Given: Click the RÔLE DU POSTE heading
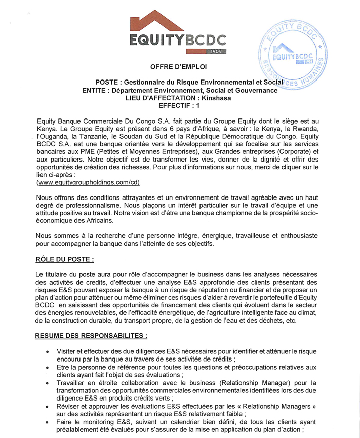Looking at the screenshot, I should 65,259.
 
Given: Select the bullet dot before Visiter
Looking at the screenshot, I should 47,351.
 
